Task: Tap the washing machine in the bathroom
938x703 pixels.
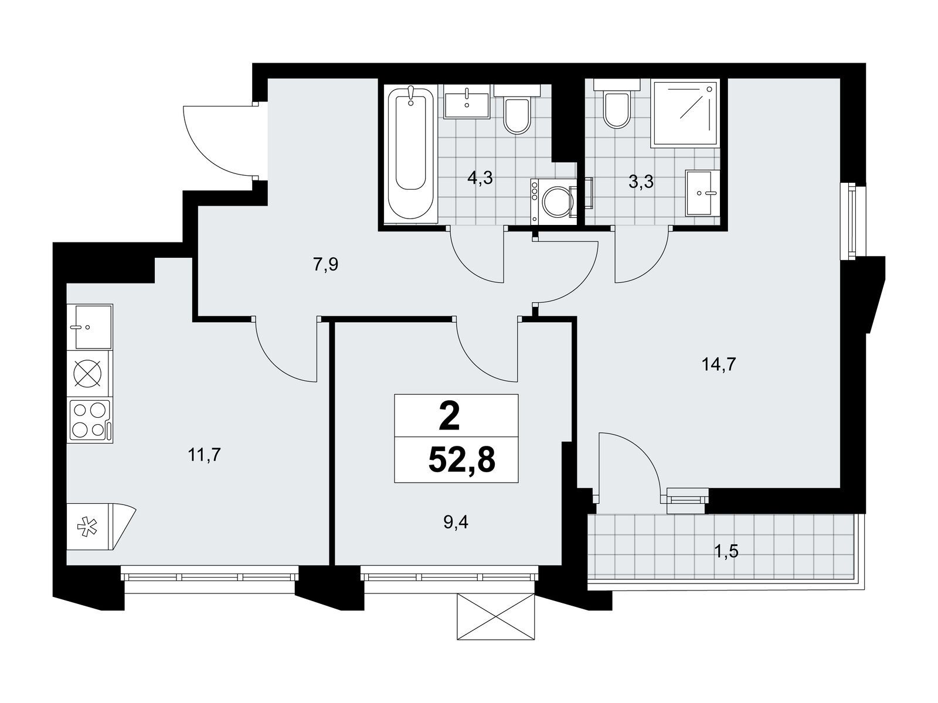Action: (x=554, y=202)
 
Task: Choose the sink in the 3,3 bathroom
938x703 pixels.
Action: (x=702, y=193)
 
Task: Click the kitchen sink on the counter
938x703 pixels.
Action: (x=90, y=327)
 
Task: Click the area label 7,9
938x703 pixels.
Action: (x=325, y=265)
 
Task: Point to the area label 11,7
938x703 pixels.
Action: (x=204, y=455)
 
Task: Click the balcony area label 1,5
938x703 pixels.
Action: (x=726, y=551)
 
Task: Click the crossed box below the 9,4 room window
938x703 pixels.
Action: (x=496, y=615)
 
